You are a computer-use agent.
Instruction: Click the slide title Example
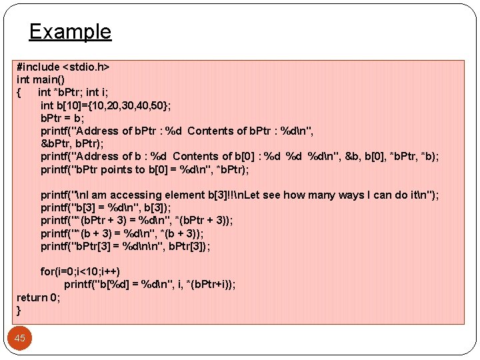[70, 31]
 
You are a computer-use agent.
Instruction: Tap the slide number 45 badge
[20, 338]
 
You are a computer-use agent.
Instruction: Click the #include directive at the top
[38, 67]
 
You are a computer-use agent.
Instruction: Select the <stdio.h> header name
[86, 67]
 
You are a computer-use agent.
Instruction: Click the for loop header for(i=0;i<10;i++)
[80, 271]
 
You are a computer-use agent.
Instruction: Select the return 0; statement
[38, 297]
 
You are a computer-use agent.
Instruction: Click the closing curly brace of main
[19, 310]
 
